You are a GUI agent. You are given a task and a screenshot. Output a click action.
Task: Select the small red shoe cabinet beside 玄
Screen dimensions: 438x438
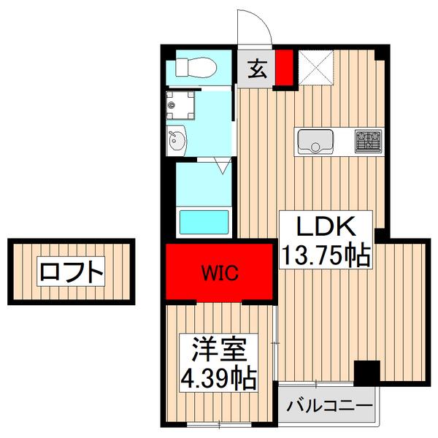click(283, 67)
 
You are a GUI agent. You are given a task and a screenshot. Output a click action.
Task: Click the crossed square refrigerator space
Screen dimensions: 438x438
click(316, 68)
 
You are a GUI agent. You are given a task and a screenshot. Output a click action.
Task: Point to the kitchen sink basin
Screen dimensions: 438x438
click(315, 140)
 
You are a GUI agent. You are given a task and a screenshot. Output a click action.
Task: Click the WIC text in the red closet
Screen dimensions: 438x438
click(219, 273)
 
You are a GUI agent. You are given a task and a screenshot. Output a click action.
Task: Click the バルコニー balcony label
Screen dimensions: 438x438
click(328, 405)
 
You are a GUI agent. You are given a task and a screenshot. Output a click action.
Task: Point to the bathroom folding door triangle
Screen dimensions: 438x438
click(223, 167)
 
